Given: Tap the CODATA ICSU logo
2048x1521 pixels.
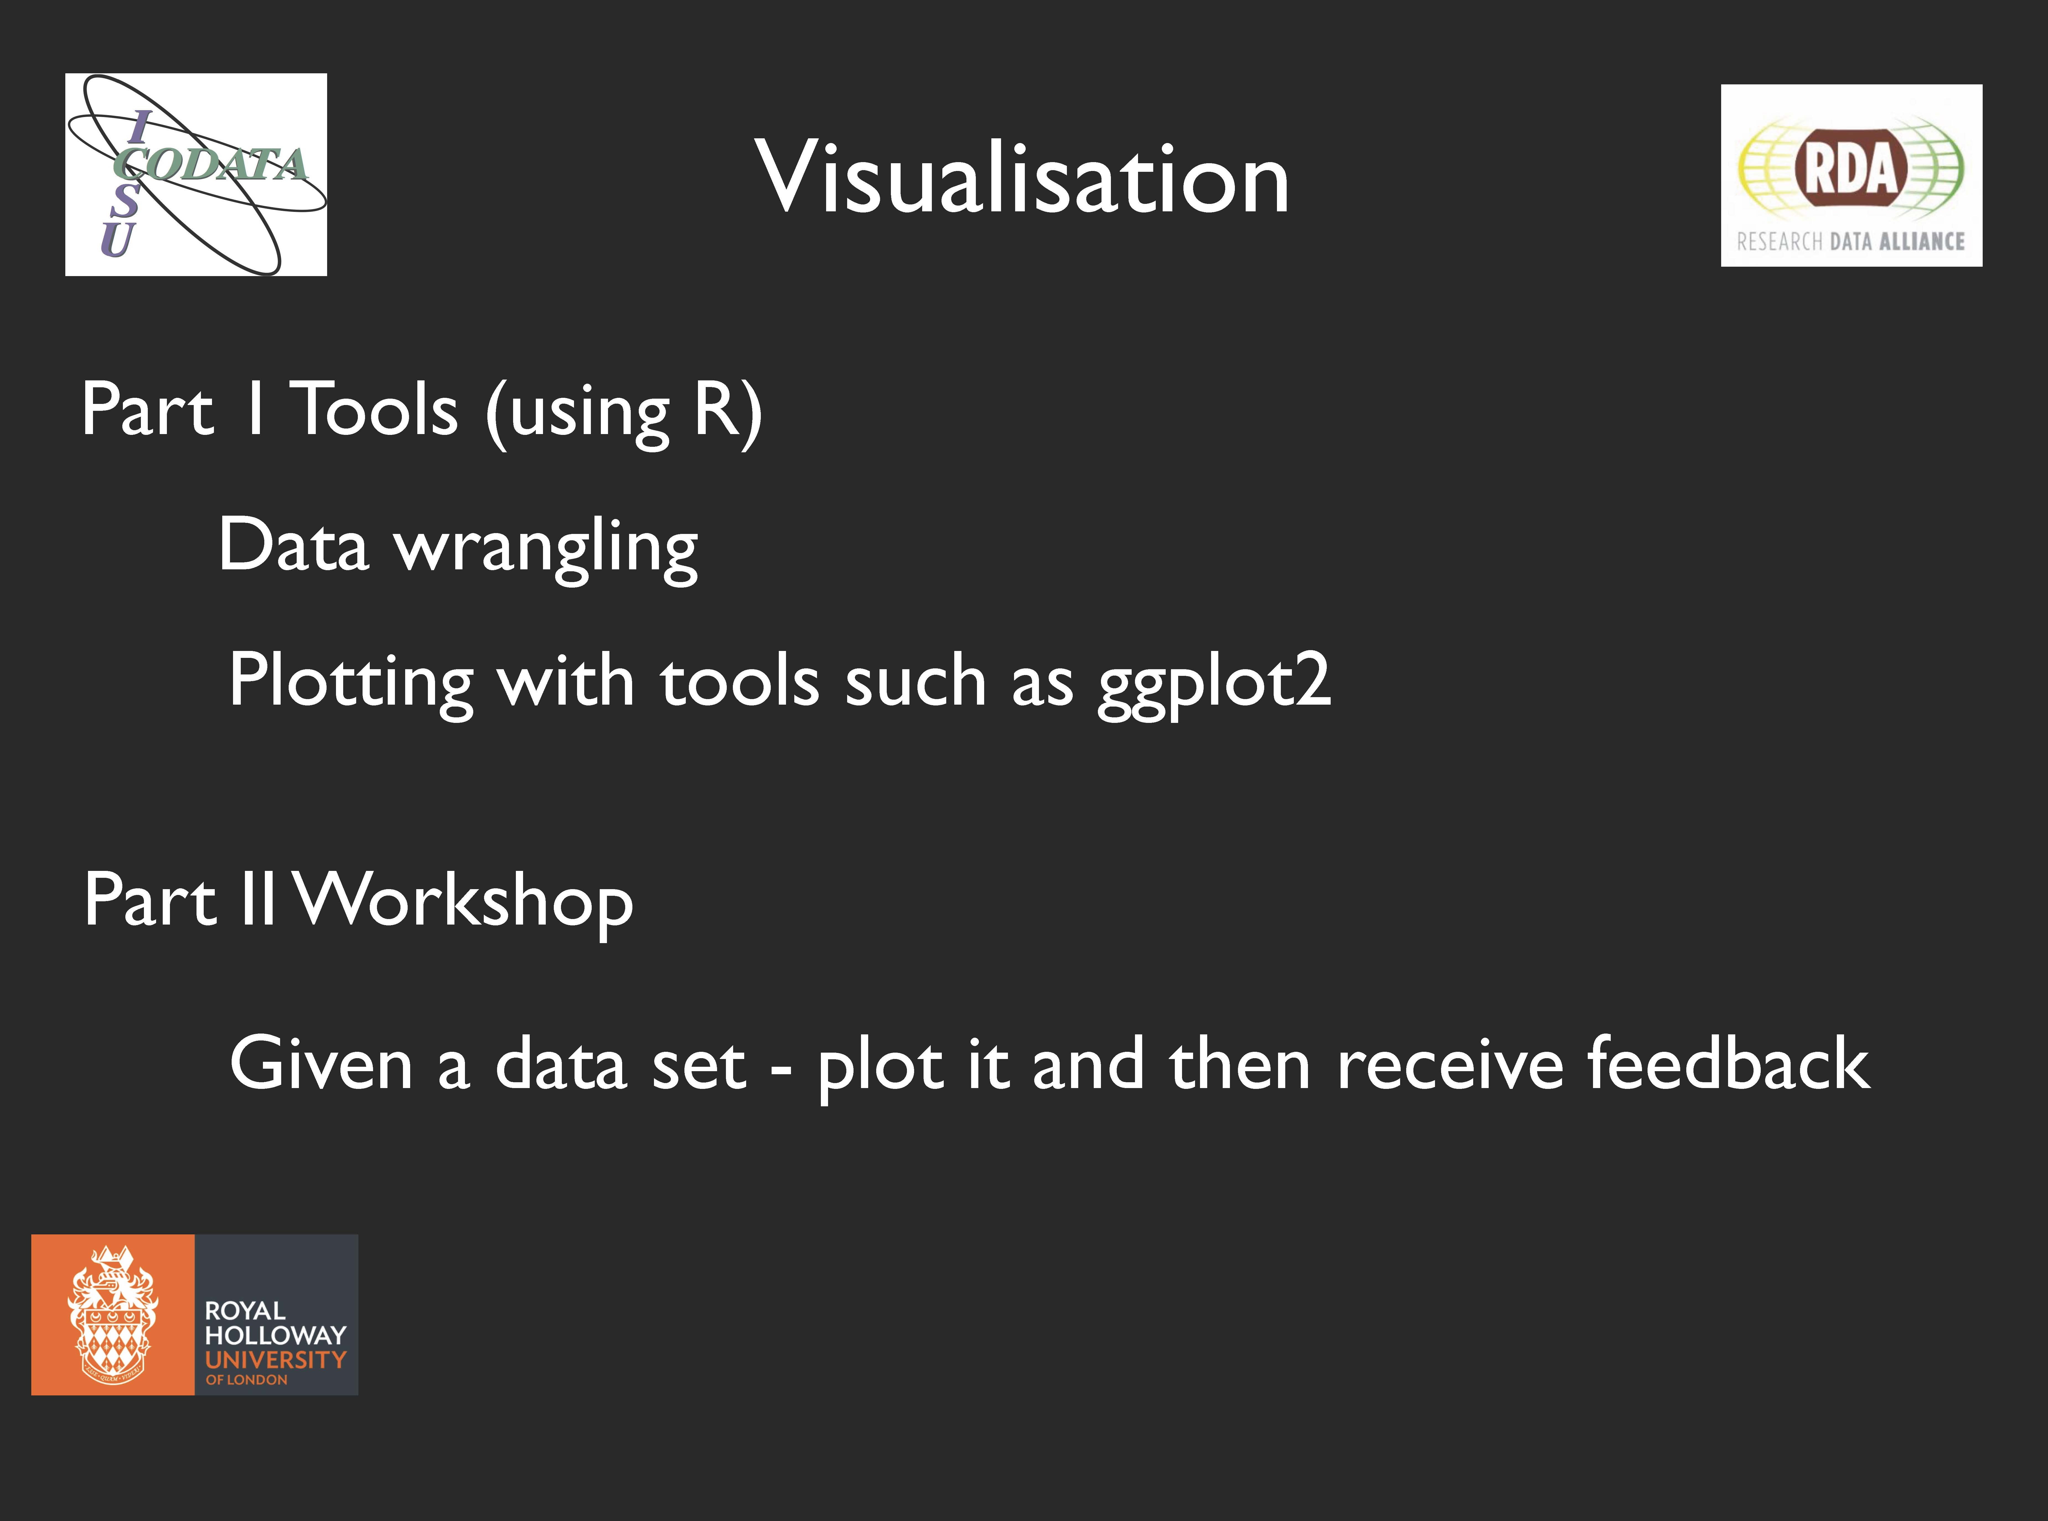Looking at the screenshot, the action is [x=196, y=174].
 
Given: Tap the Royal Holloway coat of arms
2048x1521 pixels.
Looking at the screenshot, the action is [x=112, y=1315].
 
